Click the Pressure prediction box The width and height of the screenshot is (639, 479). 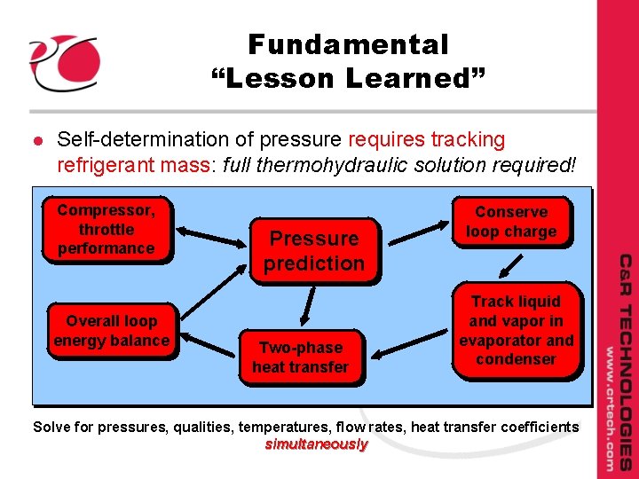coord(313,250)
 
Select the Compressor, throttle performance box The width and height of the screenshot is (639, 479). coord(106,229)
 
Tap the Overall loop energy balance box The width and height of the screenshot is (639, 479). coord(111,331)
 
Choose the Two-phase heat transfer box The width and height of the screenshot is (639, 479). coord(300,357)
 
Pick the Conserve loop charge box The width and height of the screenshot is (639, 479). coord(511,222)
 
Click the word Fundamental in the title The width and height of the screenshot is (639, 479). coord(348,44)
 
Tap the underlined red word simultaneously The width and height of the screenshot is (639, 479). coord(316,444)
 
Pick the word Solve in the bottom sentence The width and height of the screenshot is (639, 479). coord(51,427)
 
